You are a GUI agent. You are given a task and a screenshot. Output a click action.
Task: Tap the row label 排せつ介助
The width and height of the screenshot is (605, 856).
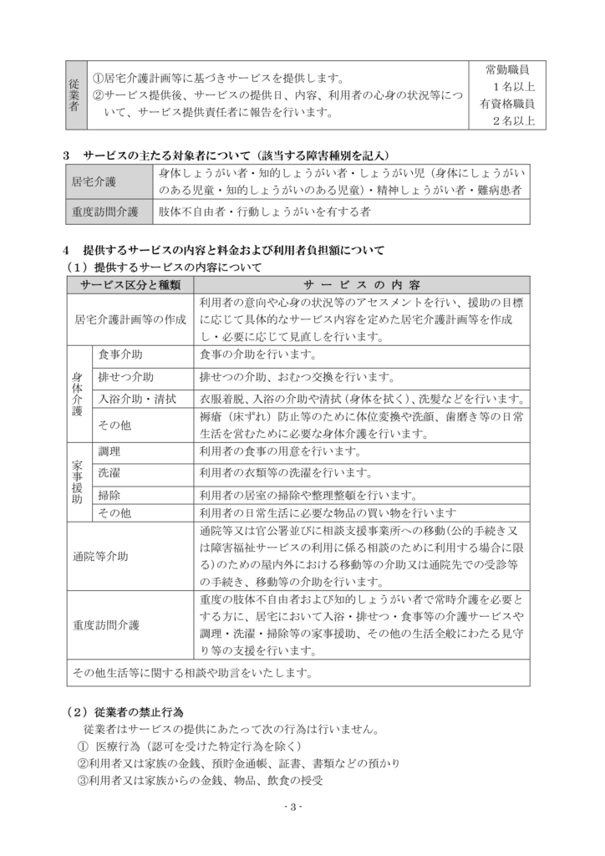click(126, 376)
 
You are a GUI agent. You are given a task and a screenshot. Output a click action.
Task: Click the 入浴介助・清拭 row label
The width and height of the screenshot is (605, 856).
click(137, 399)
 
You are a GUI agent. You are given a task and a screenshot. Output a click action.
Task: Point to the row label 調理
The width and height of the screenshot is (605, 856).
click(109, 451)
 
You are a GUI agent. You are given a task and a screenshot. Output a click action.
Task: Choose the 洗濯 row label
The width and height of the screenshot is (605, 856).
click(109, 473)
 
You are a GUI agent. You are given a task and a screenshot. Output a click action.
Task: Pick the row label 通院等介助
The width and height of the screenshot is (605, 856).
click(101, 554)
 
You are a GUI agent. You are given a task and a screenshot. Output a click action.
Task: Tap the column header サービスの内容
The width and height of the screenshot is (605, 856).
click(362, 285)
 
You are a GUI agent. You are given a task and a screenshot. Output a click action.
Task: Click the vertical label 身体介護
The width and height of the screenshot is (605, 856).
click(77, 393)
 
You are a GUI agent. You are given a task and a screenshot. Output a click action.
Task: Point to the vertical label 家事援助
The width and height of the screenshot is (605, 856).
click(77, 482)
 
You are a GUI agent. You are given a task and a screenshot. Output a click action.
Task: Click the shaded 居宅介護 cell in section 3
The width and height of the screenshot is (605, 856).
click(94, 181)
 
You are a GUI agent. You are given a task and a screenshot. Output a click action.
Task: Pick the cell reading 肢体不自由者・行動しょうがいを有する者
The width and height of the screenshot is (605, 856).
click(264, 212)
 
